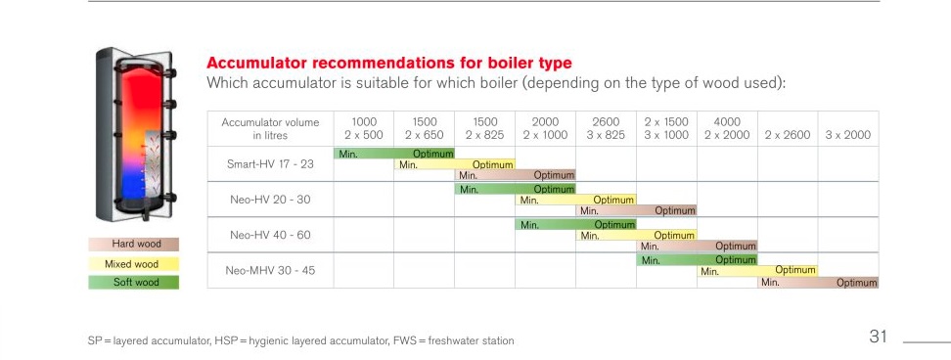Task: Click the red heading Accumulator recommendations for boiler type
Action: point(388,63)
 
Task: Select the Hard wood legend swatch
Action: point(133,245)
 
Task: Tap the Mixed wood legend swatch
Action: point(133,264)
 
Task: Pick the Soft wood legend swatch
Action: point(133,283)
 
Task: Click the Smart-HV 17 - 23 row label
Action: point(270,163)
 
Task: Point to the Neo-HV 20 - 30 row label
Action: point(270,200)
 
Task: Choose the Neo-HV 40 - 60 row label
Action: point(270,235)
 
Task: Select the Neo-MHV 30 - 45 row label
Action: point(270,270)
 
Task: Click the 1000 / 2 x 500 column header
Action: point(364,128)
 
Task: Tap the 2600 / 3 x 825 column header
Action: point(606,128)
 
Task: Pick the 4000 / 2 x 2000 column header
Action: point(727,128)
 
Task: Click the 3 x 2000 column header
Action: point(848,135)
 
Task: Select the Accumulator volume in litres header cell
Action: point(270,128)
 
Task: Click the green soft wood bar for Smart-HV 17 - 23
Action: point(394,154)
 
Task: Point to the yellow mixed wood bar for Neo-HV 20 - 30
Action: point(575,200)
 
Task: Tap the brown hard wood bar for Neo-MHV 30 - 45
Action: point(818,283)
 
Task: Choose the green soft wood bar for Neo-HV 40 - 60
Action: point(575,224)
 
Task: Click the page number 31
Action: point(879,337)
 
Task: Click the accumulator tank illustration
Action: point(136,135)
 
